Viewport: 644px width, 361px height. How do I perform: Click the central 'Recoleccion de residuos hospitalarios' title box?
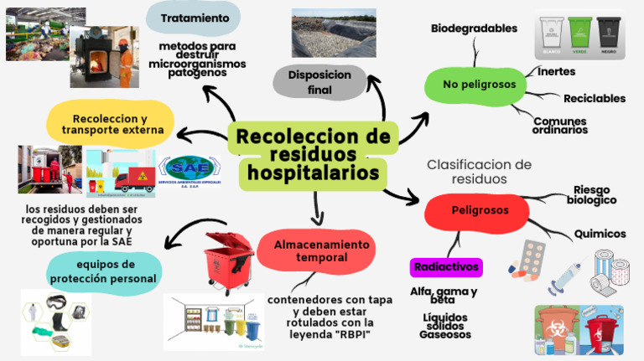[x=314, y=155]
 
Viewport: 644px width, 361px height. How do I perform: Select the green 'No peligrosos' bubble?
[x=474, y=84]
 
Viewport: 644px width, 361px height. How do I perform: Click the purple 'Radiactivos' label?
[x=445, y=267]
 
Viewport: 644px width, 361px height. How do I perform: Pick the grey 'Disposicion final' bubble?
[x=319, y=81]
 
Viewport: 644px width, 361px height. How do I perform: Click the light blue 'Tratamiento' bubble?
[x=195, y=18]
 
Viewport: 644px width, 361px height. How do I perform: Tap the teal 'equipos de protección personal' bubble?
[x=104, y=272]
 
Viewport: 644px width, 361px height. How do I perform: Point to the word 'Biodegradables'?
[x=474, y=28]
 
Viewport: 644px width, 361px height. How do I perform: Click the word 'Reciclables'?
[x=594, y=99]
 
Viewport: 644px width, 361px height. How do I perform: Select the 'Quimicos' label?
[x=600, y=234]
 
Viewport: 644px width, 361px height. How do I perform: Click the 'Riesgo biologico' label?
[x=591, y=194]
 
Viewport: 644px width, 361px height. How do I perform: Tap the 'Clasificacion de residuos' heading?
[x=479, y=171]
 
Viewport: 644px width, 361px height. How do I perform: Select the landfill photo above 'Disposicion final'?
[x=333, y=33]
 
